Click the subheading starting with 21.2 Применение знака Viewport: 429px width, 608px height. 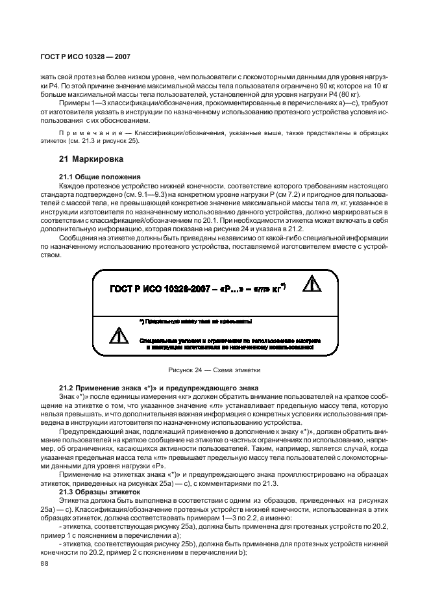[149, 388]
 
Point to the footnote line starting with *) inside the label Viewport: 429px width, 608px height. [195, 321]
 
